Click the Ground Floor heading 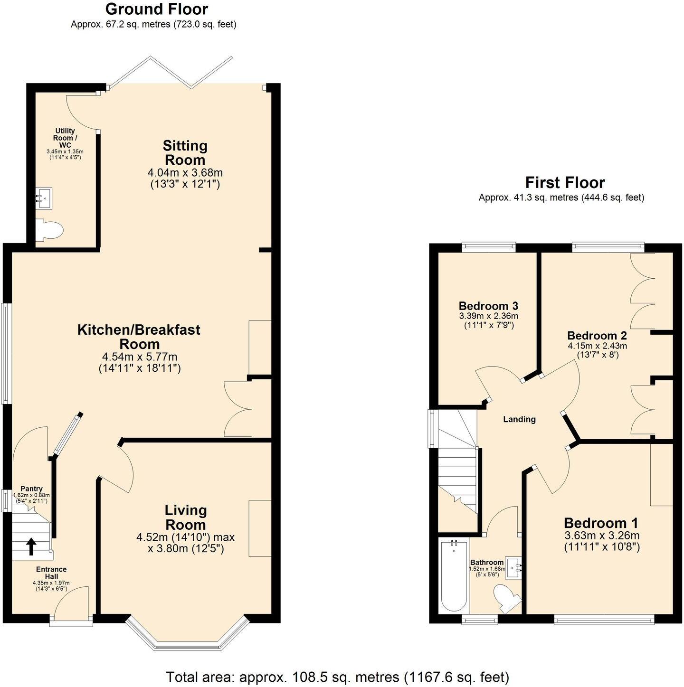pyautogui.click(x=156, y=9)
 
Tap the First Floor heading pyautogui.click(x=565, y=182)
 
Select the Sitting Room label pyautogui.click(x=185, y=152)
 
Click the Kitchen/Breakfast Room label pyautogui.click(x=139, y=337)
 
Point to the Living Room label pyautogui.click(x=185, y=518)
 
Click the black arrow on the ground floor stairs pyautogui.click(x=31, y=546)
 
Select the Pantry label pyautogui.click(x=31, y=489)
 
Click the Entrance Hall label pyautogui.click(x=51, y=573)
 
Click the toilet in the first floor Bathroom pyautogui.click(x=504, y=598)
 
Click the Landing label pyautogui.click(x=519, y=419)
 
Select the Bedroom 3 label pyautogui.click(x=488, y=306)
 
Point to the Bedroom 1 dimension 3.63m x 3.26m pyautogui.click(x=601, y=536)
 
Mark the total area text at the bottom pyautogui.click(x=337, y=677)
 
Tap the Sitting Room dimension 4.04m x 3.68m pyautogui.click(x=185, y=173)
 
